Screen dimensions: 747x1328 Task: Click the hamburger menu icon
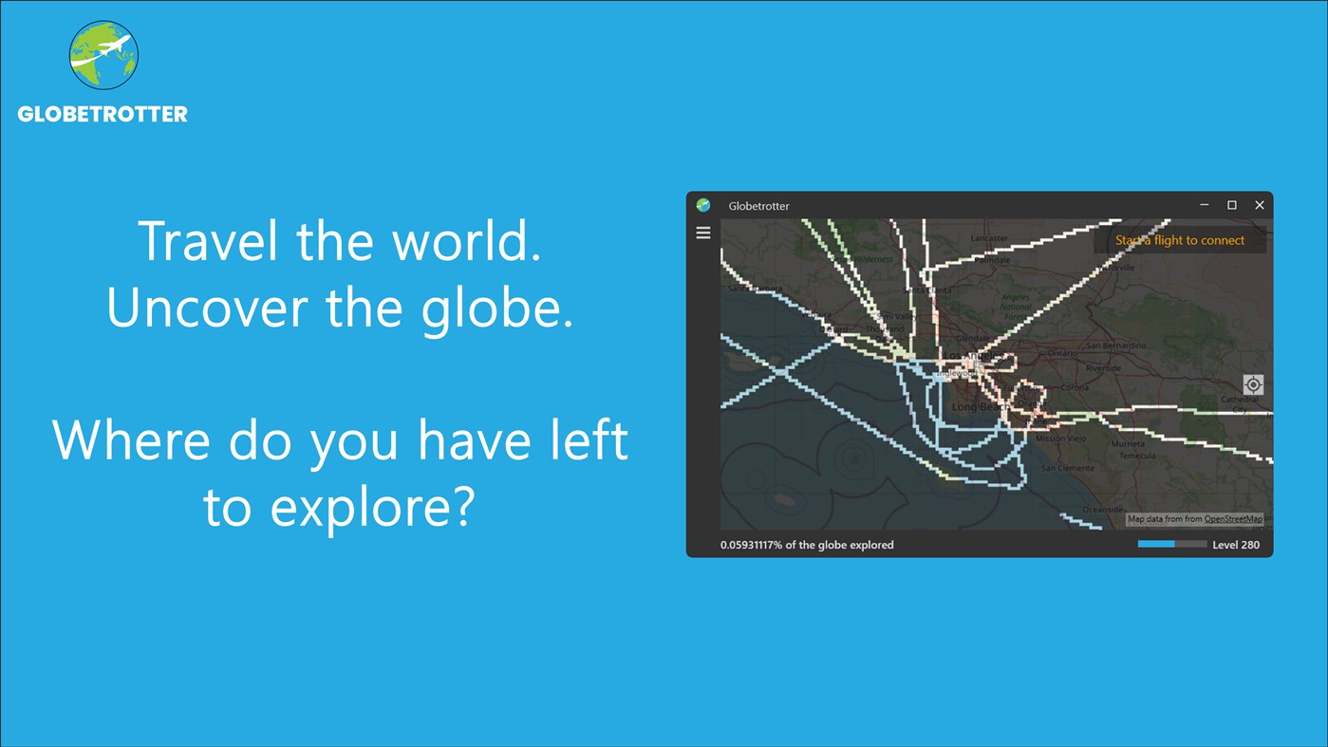tap(703, 233)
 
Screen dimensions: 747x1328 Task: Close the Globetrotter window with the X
tap(1260, 205)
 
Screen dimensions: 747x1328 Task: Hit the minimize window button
tap(1204, 205)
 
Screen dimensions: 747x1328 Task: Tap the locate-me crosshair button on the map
tap(1253, 384)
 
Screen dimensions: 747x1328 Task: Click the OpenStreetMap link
tap(1233, 519)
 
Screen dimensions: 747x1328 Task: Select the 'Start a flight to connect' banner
tap(1180, 240)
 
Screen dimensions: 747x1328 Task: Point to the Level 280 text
tap(1236, 545)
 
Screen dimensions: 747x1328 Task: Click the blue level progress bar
tap(1172, 545)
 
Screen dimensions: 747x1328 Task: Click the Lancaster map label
tap(989, 238)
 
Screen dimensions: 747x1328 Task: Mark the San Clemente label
tap(1068, 468)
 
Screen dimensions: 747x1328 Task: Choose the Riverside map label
tap(1103, 368)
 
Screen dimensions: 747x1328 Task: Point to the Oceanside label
tap(1102, 510)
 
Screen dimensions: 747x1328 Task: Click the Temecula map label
tap(1137, 456)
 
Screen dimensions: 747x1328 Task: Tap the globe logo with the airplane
tap(103, 55)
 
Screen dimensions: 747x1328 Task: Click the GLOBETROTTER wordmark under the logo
tap(103, 115)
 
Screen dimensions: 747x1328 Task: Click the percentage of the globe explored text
tap(807, 545)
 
